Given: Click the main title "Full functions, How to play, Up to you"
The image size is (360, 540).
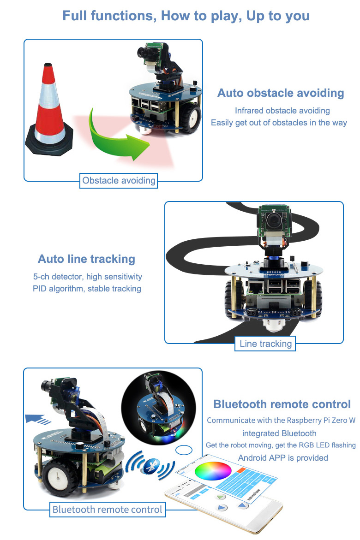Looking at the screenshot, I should pos(186,16).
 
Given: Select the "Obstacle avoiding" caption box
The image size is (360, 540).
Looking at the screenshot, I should pos(119,180).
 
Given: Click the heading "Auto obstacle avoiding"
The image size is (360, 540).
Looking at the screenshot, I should pos(281,93).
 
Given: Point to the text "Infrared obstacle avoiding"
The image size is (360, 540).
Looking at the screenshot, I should pos(282,111).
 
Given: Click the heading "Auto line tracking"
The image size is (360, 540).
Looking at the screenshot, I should pos(86,259).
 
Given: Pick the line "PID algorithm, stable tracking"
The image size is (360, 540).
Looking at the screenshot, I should pos(87,289).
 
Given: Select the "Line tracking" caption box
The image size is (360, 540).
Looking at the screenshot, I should pos(265,344).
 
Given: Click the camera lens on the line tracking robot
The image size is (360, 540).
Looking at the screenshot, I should pos(275,216).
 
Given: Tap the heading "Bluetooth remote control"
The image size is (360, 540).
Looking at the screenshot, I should pos(282,404).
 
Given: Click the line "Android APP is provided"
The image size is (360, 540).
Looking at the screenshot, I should pos(282,458).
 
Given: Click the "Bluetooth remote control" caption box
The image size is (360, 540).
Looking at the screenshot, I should pos(107,510).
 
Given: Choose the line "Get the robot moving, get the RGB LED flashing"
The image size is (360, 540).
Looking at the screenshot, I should pos(281,445).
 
